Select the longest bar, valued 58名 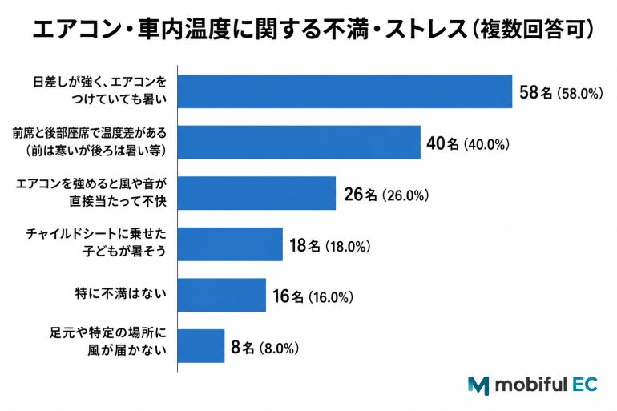pyautogui.click(x=345, y=91)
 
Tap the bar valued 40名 pyautogui.click(x=299, y=142)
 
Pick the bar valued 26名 pyautogui.click(x=256, y=193)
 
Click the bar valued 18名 pyautogui.click(x=230, y=244)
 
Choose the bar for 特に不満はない pyautogui.click(x=221, y=295)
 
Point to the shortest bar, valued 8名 pyautogui.click(x=200, y=346)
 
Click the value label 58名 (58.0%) pyautogui.click(x=561, y=93)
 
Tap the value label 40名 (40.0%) pyautogui.click(x=468, y=143)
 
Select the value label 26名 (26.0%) pyautogui.click(x=386, y=195)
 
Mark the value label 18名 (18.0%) pyautogui.click(x=330, y=245)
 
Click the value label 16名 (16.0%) pyautogui.click(x=313, y=296)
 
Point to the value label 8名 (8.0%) pyautogui.click(x=264, y=347)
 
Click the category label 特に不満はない pyautogui.click(x=121, y=293)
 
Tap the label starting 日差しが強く pyautogui.click(x=100, y=91)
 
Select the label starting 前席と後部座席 pyautogui.click(x=89, y=142)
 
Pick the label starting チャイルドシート pyautogui.click(x=96, y=242)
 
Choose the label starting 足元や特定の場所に pyautogui.click(x=108, y=341)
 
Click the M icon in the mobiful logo pyautogui.click(x=478, y=385)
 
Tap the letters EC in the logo pyautogui.click(x=585, y=384)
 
